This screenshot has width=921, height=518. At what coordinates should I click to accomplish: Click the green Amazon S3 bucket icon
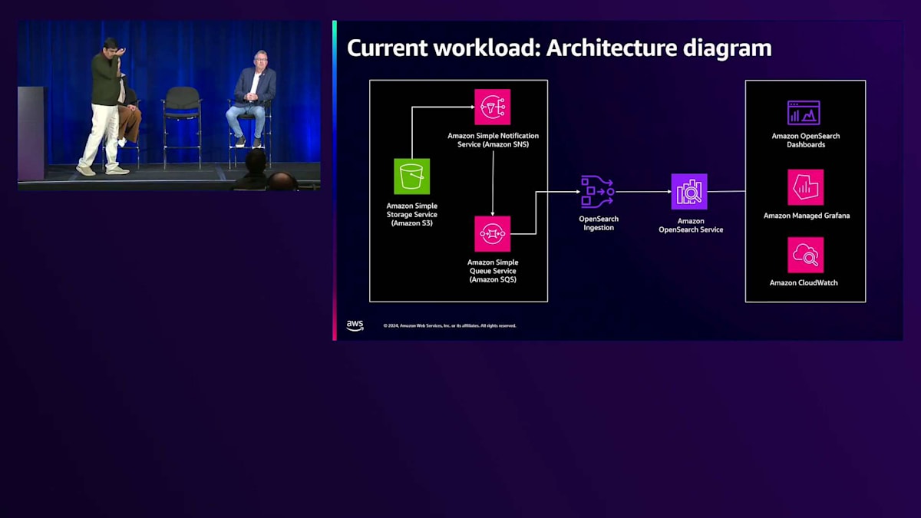click(411, 177)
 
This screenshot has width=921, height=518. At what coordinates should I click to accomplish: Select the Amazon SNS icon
click(492, 107)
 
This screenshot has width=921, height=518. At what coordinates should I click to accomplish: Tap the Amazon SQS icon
click(492, 233)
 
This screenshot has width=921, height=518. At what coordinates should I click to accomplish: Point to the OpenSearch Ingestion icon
click(597, 192)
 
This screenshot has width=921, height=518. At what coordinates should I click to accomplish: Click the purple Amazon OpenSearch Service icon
click(689, 192)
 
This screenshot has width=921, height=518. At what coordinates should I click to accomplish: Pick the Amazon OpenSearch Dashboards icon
click(804, 113)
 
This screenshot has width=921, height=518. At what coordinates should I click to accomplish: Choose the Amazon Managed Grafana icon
click(805, 187)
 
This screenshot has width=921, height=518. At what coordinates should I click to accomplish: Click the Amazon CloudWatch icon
click(805, 255)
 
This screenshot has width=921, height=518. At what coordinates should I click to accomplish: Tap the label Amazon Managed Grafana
click(806, 216)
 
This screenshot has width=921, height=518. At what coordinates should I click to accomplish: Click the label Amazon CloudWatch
click(804, 283)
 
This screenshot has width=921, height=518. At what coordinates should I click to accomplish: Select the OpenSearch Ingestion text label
click(598, 223)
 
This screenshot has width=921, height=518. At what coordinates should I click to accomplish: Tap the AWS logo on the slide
click(355, 325)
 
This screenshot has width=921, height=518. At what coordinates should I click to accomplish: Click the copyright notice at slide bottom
click(450, 326)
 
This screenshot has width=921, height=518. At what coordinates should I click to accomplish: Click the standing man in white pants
click(104, 107)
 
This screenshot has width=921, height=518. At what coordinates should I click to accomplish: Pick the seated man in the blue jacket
click(251, 96)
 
